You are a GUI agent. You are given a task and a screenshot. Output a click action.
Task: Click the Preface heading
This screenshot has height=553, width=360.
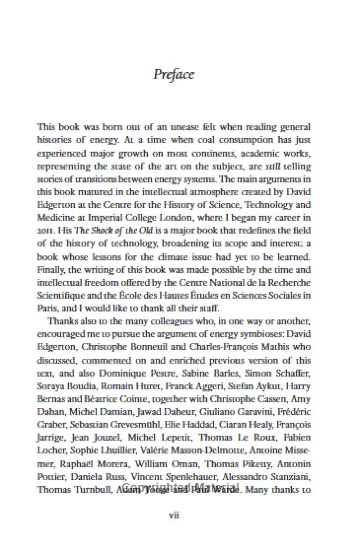[x=174, y=74]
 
